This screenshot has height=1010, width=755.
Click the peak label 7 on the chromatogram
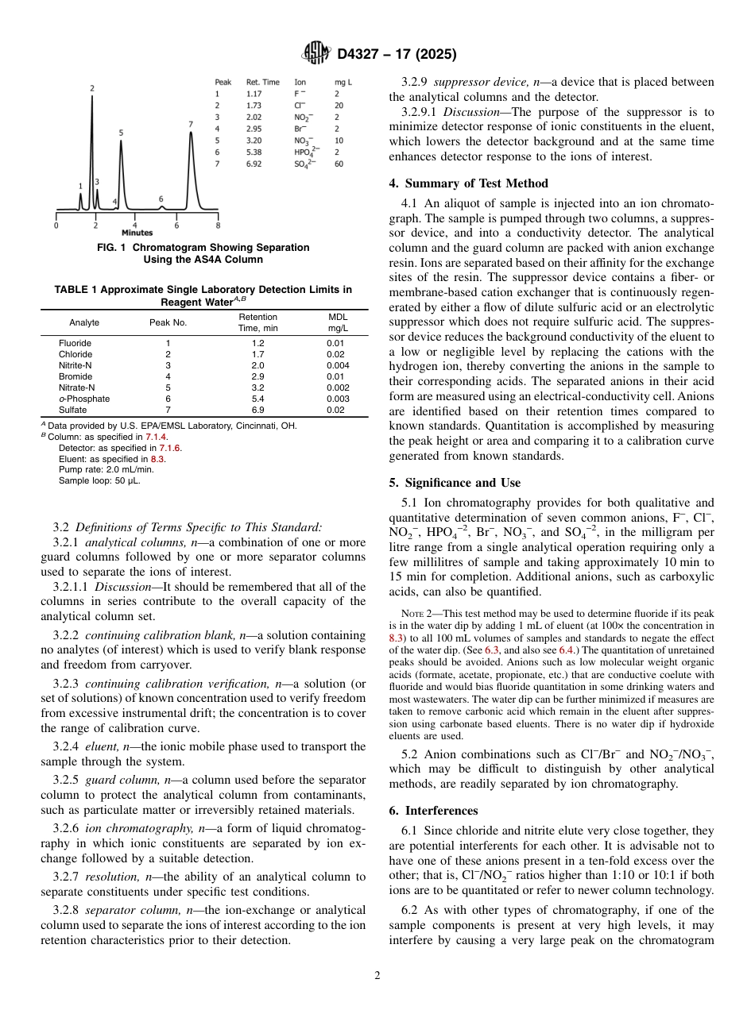(191, 124)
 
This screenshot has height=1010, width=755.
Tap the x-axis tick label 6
(177, 226)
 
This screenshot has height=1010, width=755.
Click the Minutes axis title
(137, 233)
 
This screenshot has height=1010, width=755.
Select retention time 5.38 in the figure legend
(254, 152)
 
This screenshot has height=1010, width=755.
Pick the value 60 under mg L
(339, 164)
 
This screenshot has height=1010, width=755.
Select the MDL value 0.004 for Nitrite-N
(338, 365)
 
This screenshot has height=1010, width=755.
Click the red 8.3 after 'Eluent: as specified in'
(157, 459)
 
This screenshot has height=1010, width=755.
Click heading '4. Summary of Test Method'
(468, 183)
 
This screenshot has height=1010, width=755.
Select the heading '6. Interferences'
(433, 811)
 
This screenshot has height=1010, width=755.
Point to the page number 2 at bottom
(377, 976)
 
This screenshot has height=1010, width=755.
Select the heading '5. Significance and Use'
(455, 483)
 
